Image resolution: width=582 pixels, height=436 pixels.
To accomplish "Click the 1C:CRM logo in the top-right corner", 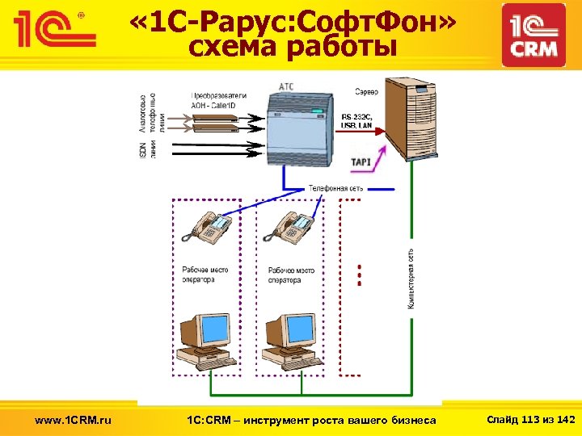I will [x=533, y=34].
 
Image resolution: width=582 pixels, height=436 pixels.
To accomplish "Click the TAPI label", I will [x=361, y=162].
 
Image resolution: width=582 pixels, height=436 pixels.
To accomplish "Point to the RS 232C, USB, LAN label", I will [x=359, y=119].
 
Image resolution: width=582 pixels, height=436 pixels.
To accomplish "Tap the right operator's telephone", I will [x=293, y=225].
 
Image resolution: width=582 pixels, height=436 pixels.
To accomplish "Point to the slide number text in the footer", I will [x=529, y=419].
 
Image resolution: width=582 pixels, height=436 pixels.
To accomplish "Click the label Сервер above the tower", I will [x=365, y=89].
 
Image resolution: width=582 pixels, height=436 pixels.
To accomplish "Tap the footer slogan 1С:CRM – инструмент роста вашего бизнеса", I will [x=311, y=420].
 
